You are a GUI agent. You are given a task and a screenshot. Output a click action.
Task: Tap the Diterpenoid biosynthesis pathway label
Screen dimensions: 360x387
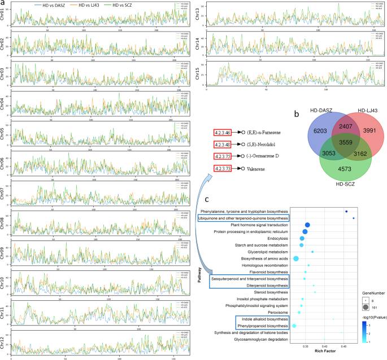click(x=263, y=286)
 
